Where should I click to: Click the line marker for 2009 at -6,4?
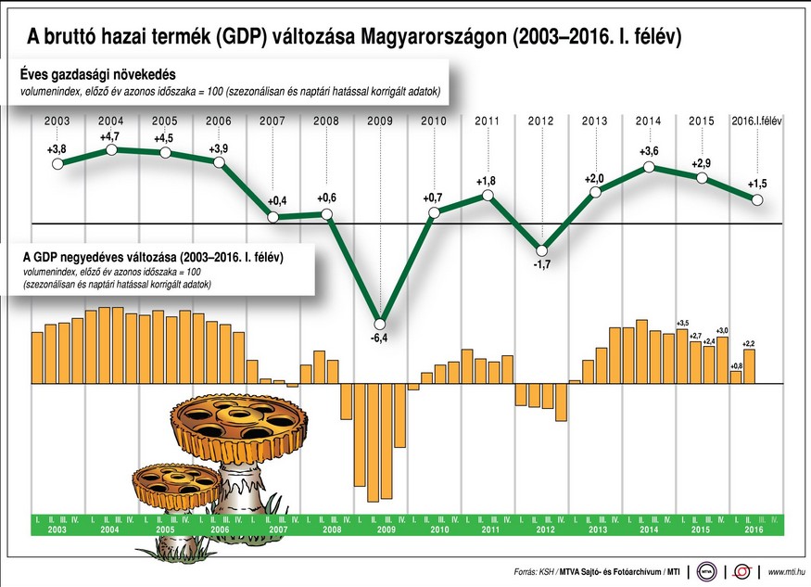[x=380, y=323]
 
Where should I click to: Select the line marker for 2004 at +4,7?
[x=111, y=149]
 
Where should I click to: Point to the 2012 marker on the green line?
[x=542, y=249]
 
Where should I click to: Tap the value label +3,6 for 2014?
[x=649, y=152]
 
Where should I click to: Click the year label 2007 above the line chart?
[x=272, y=121]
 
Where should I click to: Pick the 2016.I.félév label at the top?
[x=757, y=121]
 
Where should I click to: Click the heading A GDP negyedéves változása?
[x=154, y=255]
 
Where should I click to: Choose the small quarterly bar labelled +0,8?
[x=736, y=376]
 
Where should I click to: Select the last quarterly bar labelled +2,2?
[x=750, y=365]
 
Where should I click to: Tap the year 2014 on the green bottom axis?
[x=649, y=530]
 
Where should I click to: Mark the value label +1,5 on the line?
[x=758, y=183]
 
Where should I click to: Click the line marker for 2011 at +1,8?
[x=488, y=196]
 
